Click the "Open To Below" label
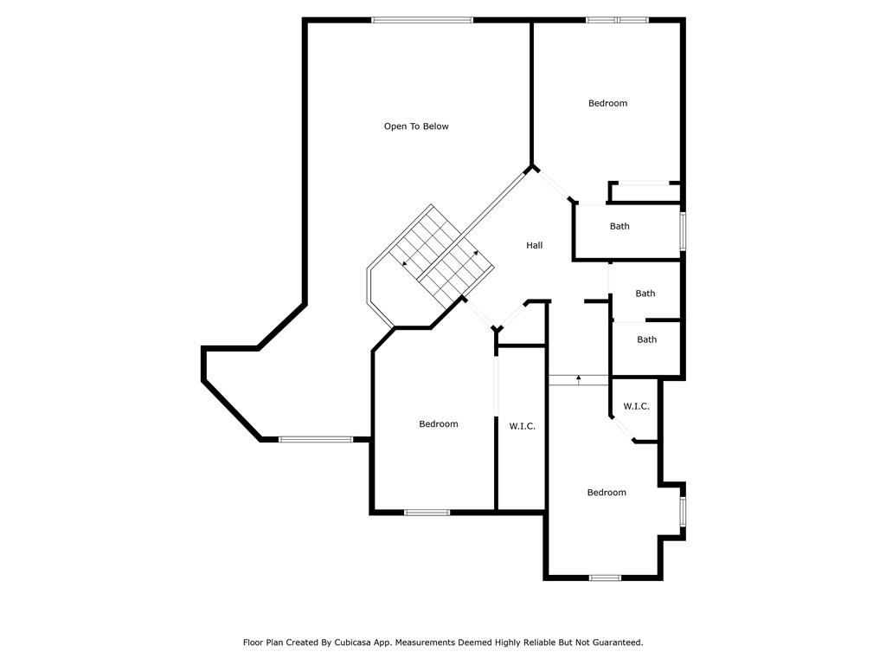pos(416,126)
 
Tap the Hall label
pos(534,245)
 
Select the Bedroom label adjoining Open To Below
pos(607,103)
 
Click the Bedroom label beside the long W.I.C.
pos(439,423)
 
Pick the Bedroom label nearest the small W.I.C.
pos(607,492)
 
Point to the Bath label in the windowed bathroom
pos(620,226)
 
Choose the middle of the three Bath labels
pos(645,293)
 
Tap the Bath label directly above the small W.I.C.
pos(647,339)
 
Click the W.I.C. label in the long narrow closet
pos(522,426)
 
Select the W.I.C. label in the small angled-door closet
pos(636,406)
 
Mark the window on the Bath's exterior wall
pos(683,230)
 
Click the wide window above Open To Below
pos(422,21)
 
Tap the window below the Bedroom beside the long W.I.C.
pos(427,513)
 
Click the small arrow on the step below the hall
pos(579,379)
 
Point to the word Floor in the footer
pos(254,642)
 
